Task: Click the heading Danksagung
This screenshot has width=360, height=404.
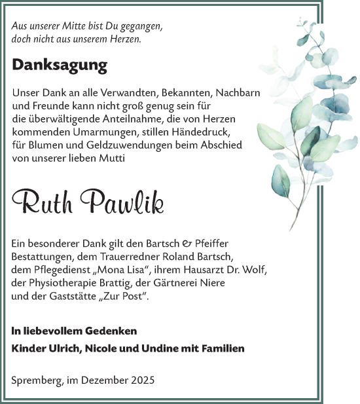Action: (60, 65)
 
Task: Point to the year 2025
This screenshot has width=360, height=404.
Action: (142, 380)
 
